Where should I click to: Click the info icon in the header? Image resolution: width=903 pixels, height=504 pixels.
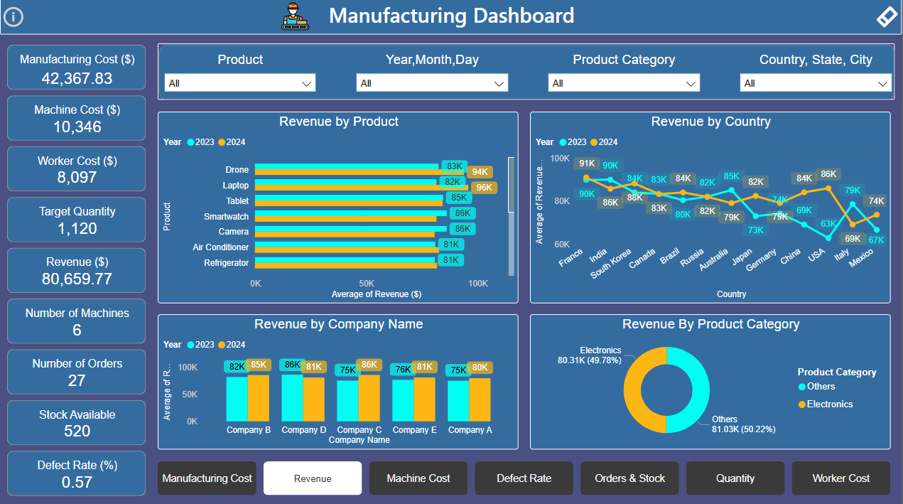(x=13, y=17)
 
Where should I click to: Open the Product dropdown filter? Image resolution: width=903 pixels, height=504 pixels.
(x=240, y=83)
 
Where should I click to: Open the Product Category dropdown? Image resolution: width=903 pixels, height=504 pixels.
(x=624, y=83)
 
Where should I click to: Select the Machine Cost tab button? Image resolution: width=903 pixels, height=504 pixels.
(x=418, y=478)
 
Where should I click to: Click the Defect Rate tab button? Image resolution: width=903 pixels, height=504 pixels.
(x=524, y=478)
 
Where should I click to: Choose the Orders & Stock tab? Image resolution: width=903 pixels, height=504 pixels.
(x=629, y=478)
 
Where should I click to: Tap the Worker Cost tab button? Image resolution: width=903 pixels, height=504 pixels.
(x=840, y=478)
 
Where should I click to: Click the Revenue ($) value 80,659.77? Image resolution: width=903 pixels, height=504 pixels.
(x=77, y=279)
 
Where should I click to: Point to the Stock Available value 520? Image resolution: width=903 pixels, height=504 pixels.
(x=77, y=431)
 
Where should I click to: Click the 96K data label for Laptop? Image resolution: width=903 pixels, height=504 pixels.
(x=484, y=188)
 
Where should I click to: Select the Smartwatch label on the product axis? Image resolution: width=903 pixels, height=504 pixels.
(x=226, y=216)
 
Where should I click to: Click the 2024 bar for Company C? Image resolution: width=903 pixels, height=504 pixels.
(x=369, y=398)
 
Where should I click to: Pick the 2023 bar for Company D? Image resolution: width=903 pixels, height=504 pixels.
(x=292, y=398)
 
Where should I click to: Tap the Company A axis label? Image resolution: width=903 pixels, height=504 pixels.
(x=470, y=430)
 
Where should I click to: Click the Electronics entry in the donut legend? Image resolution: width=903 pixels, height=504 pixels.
(x=829, y=404)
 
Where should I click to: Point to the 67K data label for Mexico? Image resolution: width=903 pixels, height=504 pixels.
(x=876, y=240)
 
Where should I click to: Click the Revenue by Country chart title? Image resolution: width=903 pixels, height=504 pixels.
(x=710, y=122)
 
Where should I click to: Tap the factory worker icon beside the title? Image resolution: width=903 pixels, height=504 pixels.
(x=296, y=16)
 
